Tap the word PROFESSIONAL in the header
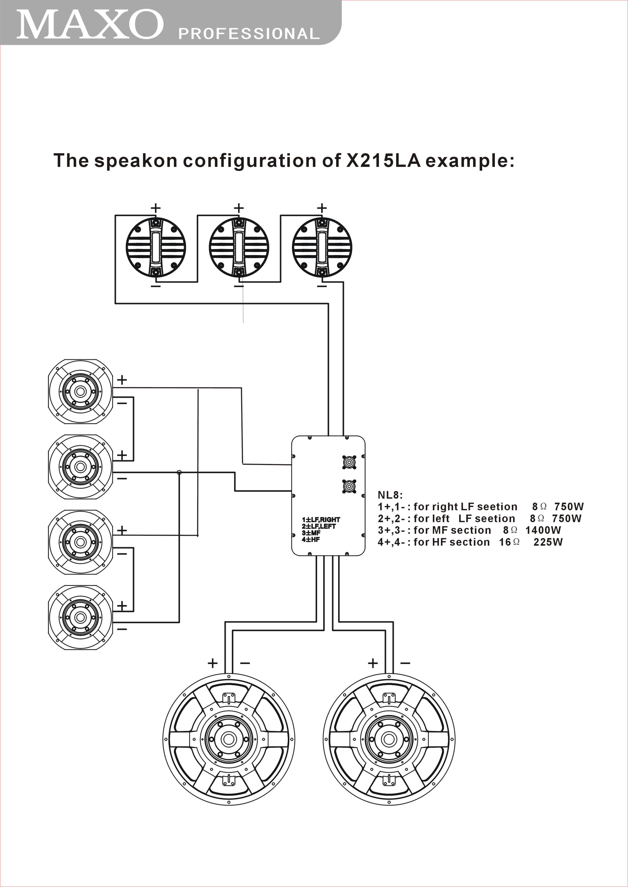pos(249,34)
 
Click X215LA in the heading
pos(383,160)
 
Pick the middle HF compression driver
pos(239,247)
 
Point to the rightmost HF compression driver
pos(322,247)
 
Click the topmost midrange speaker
pos(80,391)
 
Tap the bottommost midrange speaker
pos(80,617)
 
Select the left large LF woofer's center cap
pos(229,739)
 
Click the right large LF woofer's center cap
pos(389,739)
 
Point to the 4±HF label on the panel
pos(311,539)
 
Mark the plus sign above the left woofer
pos(213,663)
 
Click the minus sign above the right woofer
pos(405,663)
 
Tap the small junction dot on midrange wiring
pos(179,472)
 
